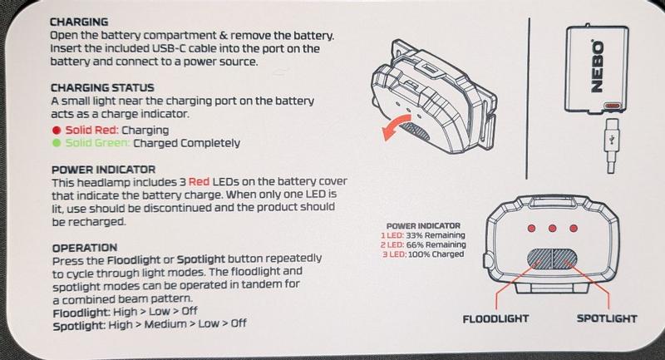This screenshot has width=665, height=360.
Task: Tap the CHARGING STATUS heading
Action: (101, 86)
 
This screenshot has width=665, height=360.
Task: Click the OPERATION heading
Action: (83, 248)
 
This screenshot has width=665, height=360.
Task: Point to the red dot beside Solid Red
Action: (55, 131)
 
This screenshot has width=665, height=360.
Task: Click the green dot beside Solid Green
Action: (55, 143)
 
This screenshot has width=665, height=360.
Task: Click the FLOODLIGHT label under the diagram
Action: (496, 318)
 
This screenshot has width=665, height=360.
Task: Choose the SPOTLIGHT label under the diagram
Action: (606, 318)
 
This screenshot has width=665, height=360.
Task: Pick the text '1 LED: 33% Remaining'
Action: (423, 236)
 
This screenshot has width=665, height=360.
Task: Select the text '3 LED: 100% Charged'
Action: (424, 254)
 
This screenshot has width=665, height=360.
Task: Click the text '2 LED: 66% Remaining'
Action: (423, 245)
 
